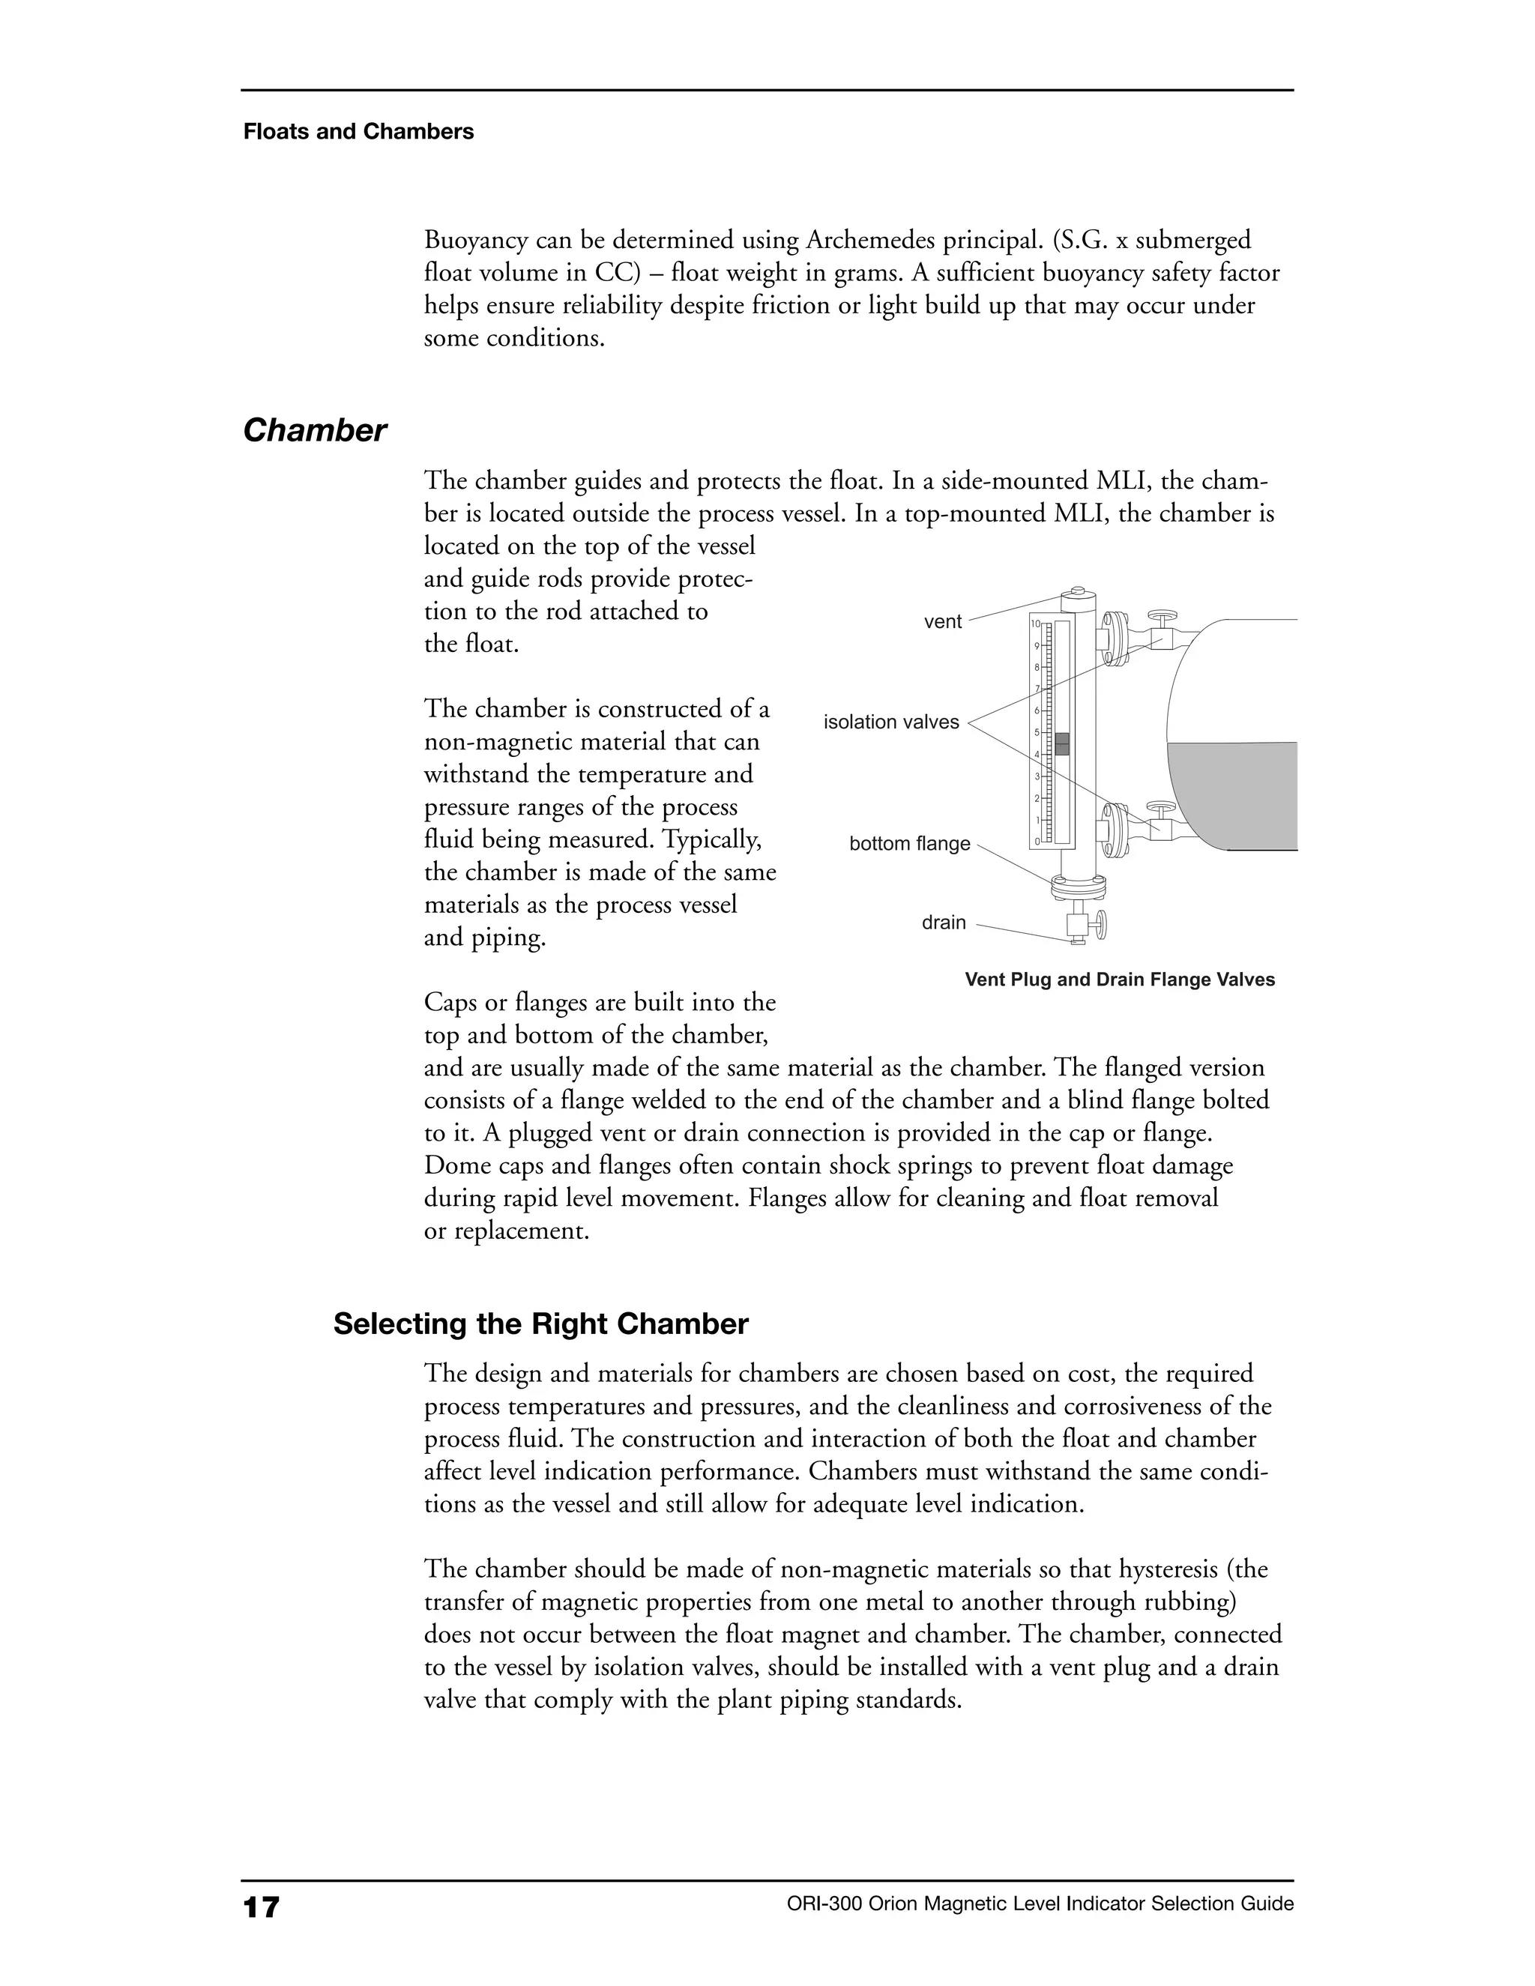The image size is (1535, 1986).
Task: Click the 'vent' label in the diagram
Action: point(942,622)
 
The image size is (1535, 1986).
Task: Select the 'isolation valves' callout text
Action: point(890,722)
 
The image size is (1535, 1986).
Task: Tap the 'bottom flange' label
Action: point(909,844)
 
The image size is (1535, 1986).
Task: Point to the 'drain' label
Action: point(943,923)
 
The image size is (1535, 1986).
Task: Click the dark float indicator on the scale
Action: point(1061,744)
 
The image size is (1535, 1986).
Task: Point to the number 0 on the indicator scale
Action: point(1036,842)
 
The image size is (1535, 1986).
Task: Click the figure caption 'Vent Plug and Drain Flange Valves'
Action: point(1120,980)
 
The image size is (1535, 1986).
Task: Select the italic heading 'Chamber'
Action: point(315,430)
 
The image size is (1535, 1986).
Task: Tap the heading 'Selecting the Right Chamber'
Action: point(540,1324)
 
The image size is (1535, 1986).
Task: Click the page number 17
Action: point(261,1906)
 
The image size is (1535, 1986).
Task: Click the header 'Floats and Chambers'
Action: point(358,132)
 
